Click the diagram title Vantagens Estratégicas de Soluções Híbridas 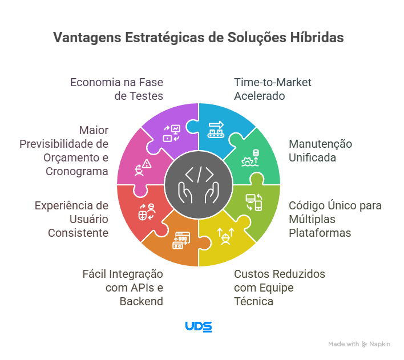(x=199, y=38)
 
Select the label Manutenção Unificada (x=320, y=151)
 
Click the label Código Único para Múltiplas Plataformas (x=334, y=219)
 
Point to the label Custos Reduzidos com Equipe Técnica (x=280, y=288)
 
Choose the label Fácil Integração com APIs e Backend (x=123, y=288)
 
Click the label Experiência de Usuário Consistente (x=71, y=219)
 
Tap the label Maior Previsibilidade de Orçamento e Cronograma (x=64, y=151)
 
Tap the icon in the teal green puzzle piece (x=252, y=157)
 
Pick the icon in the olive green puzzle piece (x=253, y=202)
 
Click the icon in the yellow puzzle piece (x=225, y=235)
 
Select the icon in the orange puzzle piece (x=180, y=240)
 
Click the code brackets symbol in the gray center (x=198, y=173)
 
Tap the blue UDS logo (x=198, y=326)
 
